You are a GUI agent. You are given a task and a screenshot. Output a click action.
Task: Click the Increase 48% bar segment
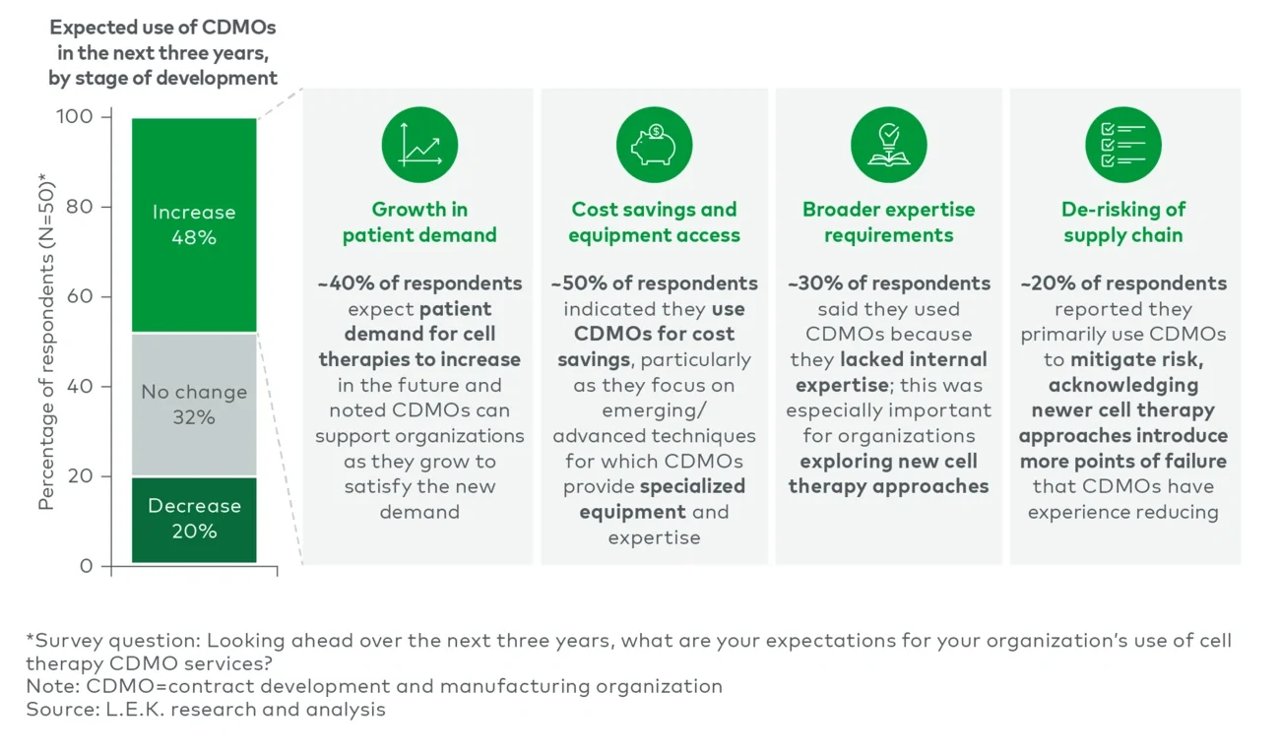click(194, 224)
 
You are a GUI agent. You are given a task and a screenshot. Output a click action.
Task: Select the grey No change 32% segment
click(194, 405)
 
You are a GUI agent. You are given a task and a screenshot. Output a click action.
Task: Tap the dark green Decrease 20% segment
click(194, 519)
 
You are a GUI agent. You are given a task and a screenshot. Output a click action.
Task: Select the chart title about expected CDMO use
click(162, 52)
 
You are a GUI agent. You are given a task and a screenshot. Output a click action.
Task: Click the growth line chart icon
click(419, 145)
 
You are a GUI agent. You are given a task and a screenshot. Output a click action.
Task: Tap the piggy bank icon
click(654, 145)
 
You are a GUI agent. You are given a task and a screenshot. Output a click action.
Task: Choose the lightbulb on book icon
click(888, 145)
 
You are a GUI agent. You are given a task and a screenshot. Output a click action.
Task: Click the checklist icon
click(1122, 145)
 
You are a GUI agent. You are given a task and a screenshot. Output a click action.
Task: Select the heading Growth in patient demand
click(419, 222)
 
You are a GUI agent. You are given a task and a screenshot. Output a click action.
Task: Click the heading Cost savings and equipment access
click(654, 222)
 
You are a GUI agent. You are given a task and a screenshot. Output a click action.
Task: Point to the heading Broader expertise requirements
click(888, 222)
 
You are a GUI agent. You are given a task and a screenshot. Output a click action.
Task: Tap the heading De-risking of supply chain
click(1122, 222)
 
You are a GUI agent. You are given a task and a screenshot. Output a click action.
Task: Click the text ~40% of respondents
click(419, 283)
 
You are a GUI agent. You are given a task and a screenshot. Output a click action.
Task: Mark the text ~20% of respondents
click(1122, 283)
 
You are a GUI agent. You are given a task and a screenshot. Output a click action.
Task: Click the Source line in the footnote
click(206, 709)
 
